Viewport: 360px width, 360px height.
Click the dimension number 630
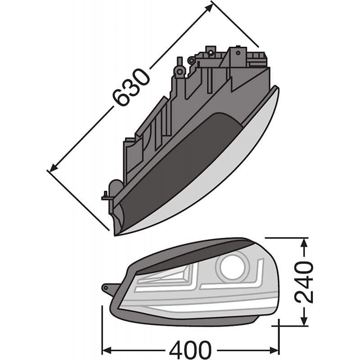[x=130, y=88]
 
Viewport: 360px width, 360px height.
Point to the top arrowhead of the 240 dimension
[x=305, y=242]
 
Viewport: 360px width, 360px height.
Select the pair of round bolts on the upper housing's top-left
[x=185, y=65]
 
